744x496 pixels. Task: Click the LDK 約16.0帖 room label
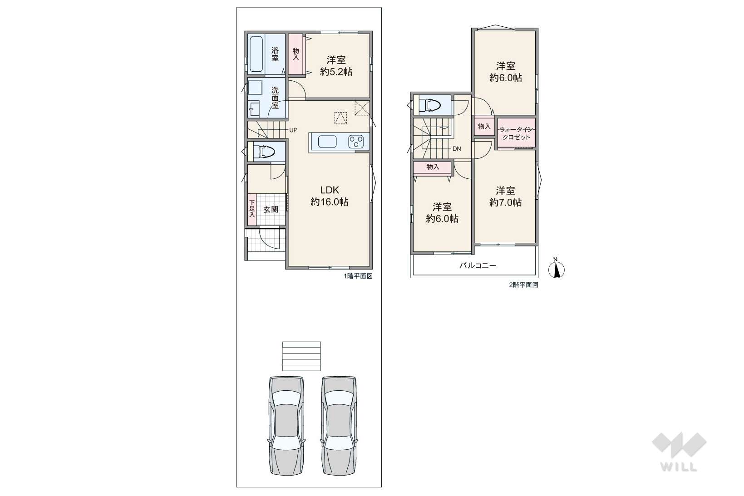click(330, 196)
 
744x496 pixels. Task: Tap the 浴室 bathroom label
click(275, 54)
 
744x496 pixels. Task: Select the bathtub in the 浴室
click(256, 54)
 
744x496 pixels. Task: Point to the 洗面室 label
click(275, 98)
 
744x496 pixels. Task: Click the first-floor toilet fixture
click(264, 152)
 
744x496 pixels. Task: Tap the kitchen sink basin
click(327, 142)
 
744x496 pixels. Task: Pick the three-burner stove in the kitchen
click(356, 142)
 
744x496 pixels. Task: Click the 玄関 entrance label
click(271, 210)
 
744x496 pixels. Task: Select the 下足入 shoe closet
click(252, 210)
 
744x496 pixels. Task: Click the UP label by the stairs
click(293, 130)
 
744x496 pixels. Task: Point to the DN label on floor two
click(457, 149)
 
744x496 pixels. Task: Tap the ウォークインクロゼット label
click(516, 133)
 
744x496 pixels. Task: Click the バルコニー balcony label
click(478, 265)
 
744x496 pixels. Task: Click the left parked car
click(286, 426)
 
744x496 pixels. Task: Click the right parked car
click(339, 426)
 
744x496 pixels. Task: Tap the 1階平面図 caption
click(358, 276)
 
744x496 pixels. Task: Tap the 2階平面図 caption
click(523, 285)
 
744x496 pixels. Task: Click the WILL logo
click(679, 452)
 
